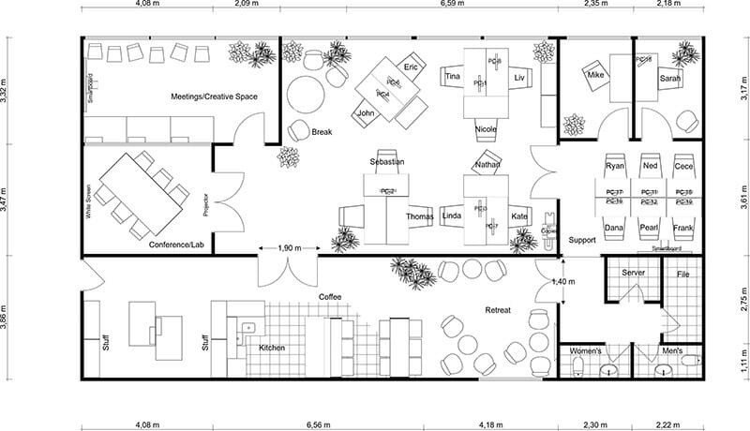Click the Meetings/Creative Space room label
pyautogui.click(x=214, y=97)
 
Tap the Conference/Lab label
pyautogui.click(x=176, y=245)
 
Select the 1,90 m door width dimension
pyautogui.click(x=290, y=248)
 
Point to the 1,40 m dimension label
pyautogui.click(x=563, y=281)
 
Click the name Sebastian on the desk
pyautogui.click(x=386, y=162)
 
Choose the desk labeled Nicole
pyautogui.click(x=486, y=128)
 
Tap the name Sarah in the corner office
pyautogui.click(x=669, y=80)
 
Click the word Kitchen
pyautogui.click(x=272, y=348)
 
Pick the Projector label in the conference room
pyautogui.click(x=205, y=205)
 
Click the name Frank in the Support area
pyautogui.click(x=683, y=228)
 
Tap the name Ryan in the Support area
pyautogui.click(x=615, y=166)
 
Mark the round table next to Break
pyautogui.click(x=305, y=94)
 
